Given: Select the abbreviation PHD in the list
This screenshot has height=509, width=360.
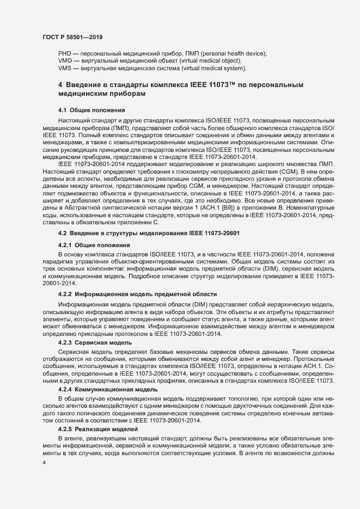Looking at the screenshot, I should click(x=64, y=53).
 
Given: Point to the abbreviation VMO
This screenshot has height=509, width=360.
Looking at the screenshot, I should click(x=65, y=61).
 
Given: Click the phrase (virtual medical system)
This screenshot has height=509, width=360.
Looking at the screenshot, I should click(x=212, y=69).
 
